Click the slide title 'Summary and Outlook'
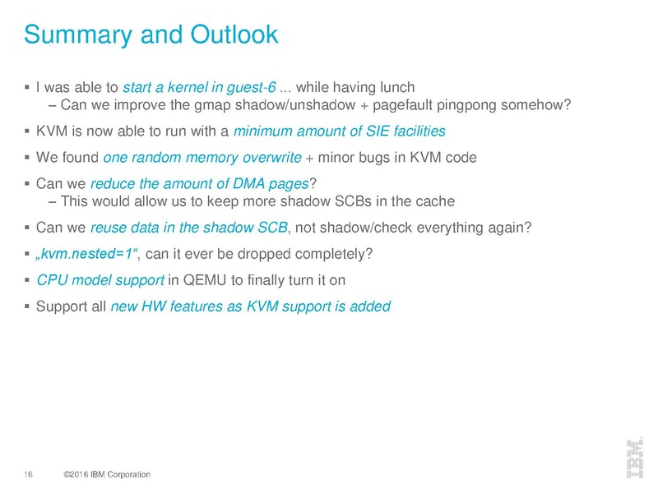coord(151,35)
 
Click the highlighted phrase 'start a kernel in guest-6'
coord(199,87)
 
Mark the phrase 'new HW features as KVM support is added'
coord(250,306)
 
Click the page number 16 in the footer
coord(28,474)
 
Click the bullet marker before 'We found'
coord(27,157)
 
